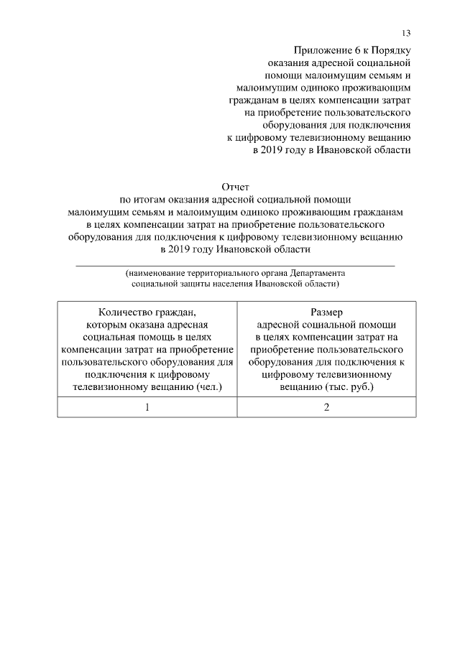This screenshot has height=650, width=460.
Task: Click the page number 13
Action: (406, 34)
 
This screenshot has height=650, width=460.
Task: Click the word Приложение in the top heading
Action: (321, 49)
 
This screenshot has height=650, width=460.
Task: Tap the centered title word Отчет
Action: (235, 187)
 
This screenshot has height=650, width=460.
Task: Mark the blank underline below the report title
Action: (235, 265)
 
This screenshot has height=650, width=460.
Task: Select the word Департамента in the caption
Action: (318, 274)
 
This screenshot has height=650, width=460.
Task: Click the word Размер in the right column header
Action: (326, 312)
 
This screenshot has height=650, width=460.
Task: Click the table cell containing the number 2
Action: (326, 407)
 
